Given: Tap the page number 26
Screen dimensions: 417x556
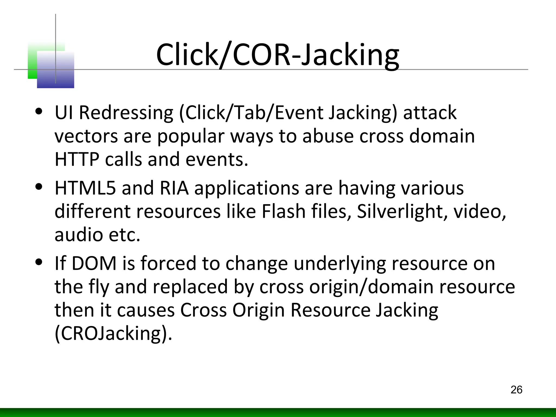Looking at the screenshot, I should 516,390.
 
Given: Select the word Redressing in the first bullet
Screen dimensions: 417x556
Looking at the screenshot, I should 126,113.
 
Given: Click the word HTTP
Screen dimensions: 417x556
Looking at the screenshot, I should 77,159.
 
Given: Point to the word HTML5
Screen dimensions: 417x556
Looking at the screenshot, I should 85,188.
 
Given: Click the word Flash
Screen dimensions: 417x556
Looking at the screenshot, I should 283,211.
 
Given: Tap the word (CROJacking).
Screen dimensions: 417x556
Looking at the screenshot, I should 113,333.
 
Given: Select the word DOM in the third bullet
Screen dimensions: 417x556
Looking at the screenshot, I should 94,263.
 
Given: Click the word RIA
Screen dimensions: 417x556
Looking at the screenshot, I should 174,188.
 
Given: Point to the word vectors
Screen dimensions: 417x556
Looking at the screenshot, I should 86,136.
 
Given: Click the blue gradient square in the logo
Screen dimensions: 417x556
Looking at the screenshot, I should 56,70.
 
